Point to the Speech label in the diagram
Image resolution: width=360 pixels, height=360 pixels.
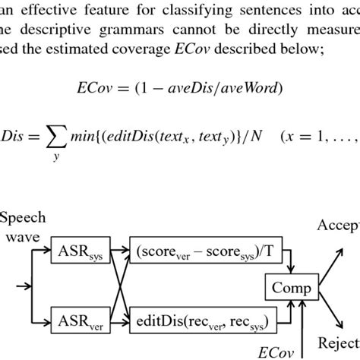23,219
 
